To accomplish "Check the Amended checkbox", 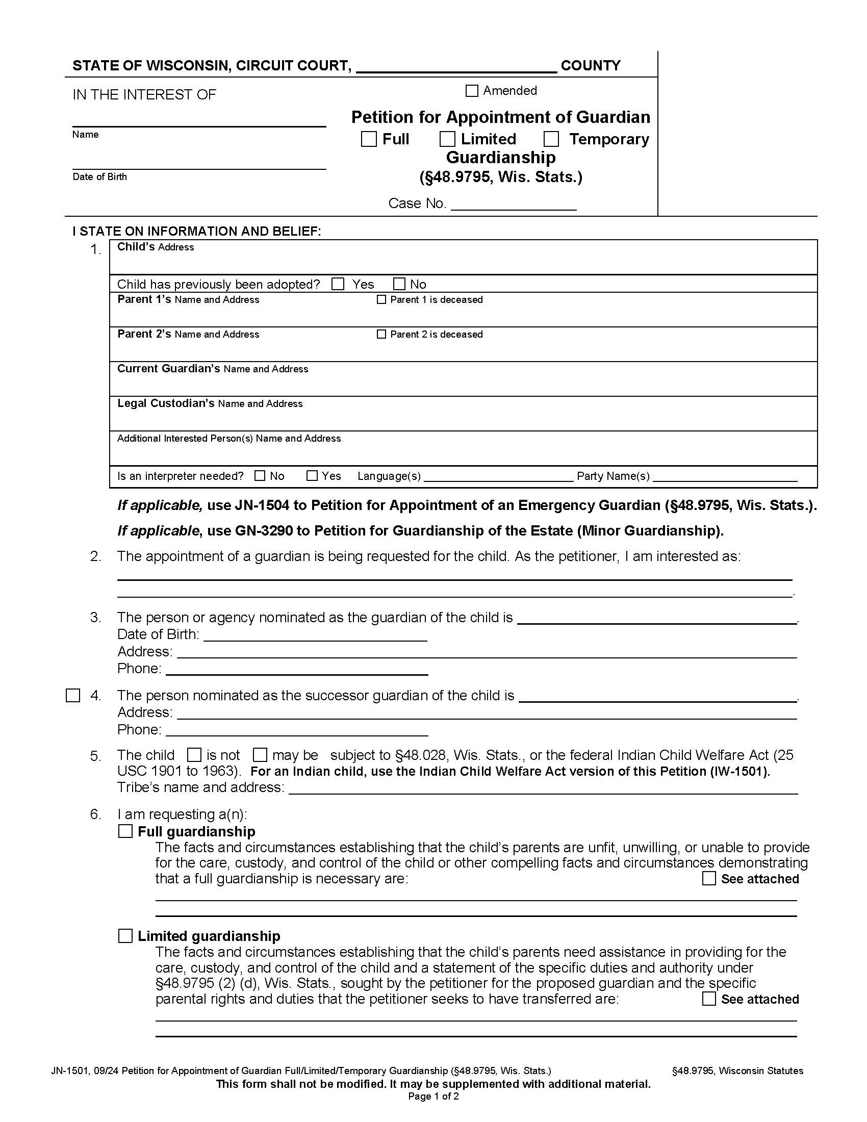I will tap(472, 91).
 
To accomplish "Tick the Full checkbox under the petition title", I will tap(369, 139).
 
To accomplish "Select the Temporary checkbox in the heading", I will tap(551, 139).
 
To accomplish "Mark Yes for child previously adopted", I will tap(338, 284).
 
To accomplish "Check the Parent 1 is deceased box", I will tap(381, 299).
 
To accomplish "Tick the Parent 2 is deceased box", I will tap(381, 334).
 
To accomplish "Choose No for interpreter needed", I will tap(260, 476).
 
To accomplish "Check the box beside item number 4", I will tap(73, 696).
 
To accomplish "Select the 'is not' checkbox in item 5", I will tap(194, 755).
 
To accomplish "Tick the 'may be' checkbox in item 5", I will tap(261, 755).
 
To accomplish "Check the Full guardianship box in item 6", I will tap(125, 831).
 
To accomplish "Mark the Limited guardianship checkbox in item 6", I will tap(125, 936).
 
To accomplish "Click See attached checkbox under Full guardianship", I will tap(709, 879).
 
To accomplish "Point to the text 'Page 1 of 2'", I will tap(433, 1096).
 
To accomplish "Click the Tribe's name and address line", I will tap(543, 789).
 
